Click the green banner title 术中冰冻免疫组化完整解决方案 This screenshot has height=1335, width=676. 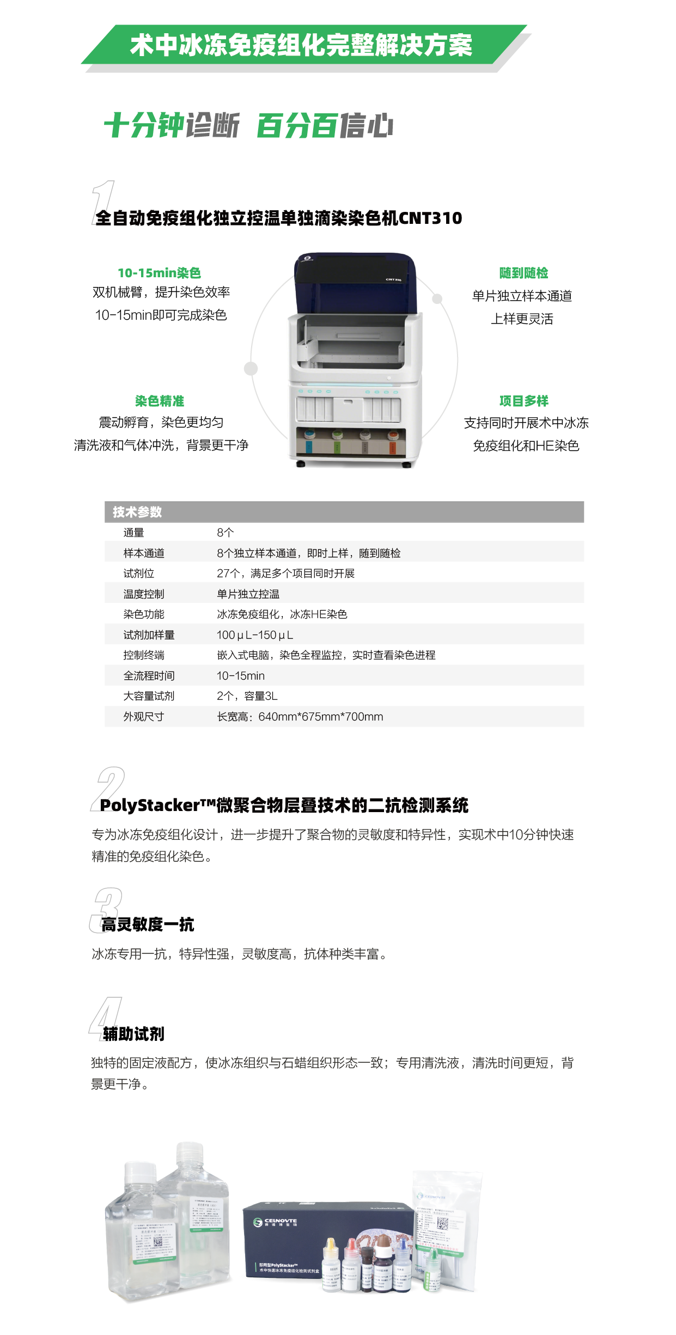pos(301,45)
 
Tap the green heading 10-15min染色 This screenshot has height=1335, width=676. pos(159,273)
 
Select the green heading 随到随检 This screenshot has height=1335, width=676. pos(523,273)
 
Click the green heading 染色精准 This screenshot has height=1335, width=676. pos(159,401)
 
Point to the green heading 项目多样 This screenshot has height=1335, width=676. pos(523,401)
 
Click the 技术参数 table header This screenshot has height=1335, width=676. pos(137,512)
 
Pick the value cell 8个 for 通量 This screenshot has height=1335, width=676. pos(225,533)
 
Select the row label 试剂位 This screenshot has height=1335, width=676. pos(138,574)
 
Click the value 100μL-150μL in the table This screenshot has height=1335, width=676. pos(254,635)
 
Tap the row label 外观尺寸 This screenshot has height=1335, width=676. pos(143,717)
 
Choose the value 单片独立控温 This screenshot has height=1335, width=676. pos(248,594)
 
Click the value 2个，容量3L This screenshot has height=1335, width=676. pos(247,696)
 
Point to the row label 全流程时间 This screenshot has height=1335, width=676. pos(149,676)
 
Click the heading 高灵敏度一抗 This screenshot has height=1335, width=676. pos(148,924)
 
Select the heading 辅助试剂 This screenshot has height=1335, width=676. pos(133,1034)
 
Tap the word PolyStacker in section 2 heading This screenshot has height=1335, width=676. pos(150,806)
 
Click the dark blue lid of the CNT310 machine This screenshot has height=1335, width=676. pos(355,283)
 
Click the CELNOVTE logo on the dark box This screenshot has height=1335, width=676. pos(276,1222)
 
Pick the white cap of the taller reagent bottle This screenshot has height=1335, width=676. pos(190,1153)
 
